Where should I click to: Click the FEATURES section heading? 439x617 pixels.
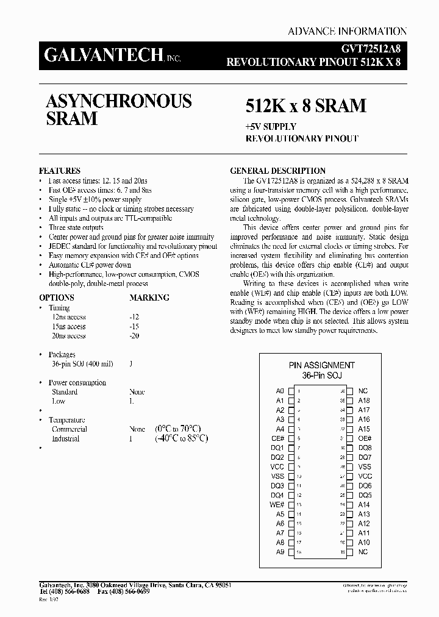(x=59, y=171)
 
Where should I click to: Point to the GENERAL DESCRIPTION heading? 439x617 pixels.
(x=277, y=171)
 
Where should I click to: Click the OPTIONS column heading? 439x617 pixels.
(x=57, y=298)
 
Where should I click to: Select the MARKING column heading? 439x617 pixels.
(x=149, y=298)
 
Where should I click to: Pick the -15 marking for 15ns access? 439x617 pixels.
(x=134, y=326)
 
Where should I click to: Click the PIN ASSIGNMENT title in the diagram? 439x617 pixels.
(x=322, y=365)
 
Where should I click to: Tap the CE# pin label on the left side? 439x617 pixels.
(x=278, y=438)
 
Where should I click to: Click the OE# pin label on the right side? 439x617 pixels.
(x=365, y=438)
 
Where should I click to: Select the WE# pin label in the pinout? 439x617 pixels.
(x=277, y=505)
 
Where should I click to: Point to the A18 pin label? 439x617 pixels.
(x=364, y=401)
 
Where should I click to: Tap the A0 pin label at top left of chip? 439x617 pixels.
(x=280, y=391)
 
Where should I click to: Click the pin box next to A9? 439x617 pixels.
(x=291, y=552)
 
